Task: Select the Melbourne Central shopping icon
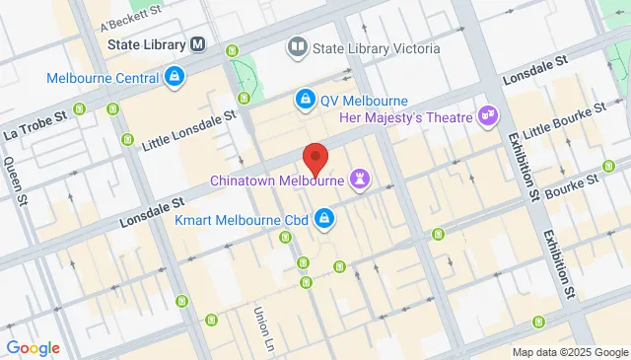[x=175, y=77]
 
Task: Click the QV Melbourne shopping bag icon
[x=306, y=100]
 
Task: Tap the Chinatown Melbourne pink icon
[x=361, y=180]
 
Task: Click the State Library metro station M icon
[x=199, y=44]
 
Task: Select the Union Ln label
[x=263, y=328]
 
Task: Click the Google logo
[x=33, y=347]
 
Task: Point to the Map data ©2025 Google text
[x=569, y=352]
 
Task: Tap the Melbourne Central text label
[x=104, y=77]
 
